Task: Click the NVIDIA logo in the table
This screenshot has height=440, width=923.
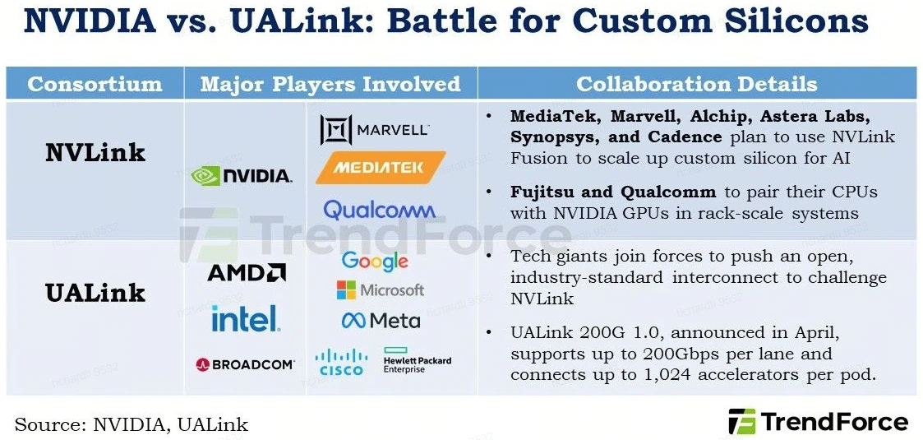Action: pyautogui.click(x=242, y=175)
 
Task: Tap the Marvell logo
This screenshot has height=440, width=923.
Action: pyautogui.click(x=375, y=130)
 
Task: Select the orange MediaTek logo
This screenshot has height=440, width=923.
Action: pyautogui.click(x=381, y=168)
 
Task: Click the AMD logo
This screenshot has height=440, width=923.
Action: pyautogui.click(x=247, y=272)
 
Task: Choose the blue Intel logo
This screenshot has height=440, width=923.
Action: pyautogui.click(x=246, y=318)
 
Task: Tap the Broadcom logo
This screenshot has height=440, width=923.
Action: pyautogui.click(x=245, y=364)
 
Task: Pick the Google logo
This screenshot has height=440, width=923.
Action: pyautogui.click(x=375, y=261)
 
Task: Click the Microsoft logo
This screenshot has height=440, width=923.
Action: pyautogui.click(x=381, y=289)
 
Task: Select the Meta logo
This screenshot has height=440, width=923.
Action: pyautogui.click(x=381, y=321)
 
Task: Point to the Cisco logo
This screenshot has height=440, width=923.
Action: pyautogui.click(x=341, y=362)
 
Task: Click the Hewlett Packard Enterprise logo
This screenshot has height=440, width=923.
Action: pyautogui.click(x=418, y=360)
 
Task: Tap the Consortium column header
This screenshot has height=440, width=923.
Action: pyautogui.click(x=95, y=84)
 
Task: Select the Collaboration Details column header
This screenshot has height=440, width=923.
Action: pyautogui.click(x=697, y=84)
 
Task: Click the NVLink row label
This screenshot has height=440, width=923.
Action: pyautogui.click(x=95, y=153)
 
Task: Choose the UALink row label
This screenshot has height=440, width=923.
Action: pyautogui.click(x=95, y=293)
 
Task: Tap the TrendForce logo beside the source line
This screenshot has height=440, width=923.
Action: pyautogui.click(x=819, y=422)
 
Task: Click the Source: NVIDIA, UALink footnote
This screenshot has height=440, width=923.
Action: pyautogui.click(x=132, y=424)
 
